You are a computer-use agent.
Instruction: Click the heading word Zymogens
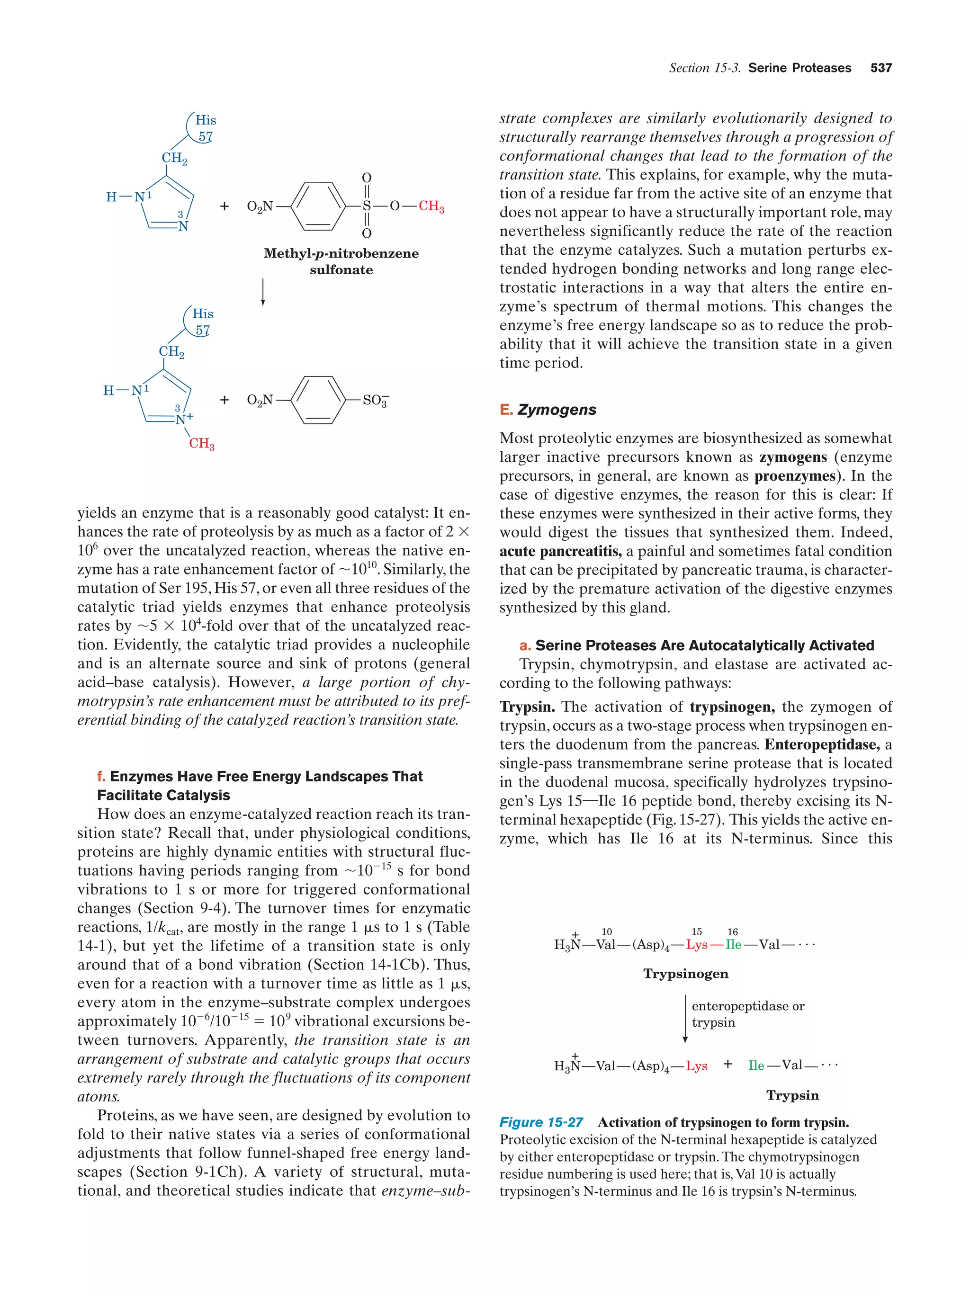point(557,410)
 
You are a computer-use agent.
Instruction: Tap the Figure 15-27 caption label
point(540,1122)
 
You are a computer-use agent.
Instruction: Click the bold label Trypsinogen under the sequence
point(685,974)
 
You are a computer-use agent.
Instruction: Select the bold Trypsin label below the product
point(792,1095)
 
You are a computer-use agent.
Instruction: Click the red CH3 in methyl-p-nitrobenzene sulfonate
point(431,206)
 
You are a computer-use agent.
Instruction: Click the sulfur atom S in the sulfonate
point(367,206)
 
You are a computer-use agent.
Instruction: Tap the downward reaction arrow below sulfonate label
point(263,292)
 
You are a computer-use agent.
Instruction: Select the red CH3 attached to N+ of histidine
point(201,444)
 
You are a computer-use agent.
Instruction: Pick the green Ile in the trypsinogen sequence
point(734,945)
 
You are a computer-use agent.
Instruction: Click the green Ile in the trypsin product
point(756,1065)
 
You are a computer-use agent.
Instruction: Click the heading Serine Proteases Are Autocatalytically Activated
point(704,645)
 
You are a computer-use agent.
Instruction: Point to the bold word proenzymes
point(795,476)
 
